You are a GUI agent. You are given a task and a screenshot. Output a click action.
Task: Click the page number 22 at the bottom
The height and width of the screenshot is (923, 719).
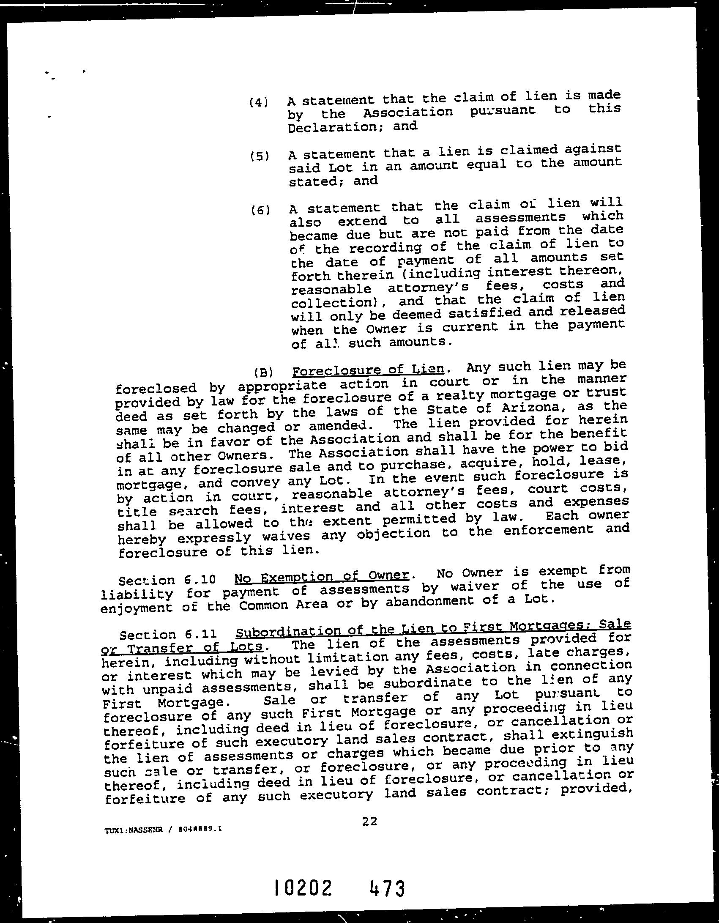tap(369, 822)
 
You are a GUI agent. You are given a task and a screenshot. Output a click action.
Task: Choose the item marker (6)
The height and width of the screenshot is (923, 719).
tap(260, 210)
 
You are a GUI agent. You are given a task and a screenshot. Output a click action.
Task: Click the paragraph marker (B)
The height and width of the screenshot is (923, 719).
tap(263, 373)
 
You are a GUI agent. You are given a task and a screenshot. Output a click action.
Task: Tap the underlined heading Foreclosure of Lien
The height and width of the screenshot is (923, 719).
tap(368, 370)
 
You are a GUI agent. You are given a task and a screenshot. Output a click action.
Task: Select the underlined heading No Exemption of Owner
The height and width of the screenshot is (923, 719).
tap(322, 576)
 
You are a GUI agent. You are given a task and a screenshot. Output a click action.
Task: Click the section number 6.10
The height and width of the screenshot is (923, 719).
tap(201, 579)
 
